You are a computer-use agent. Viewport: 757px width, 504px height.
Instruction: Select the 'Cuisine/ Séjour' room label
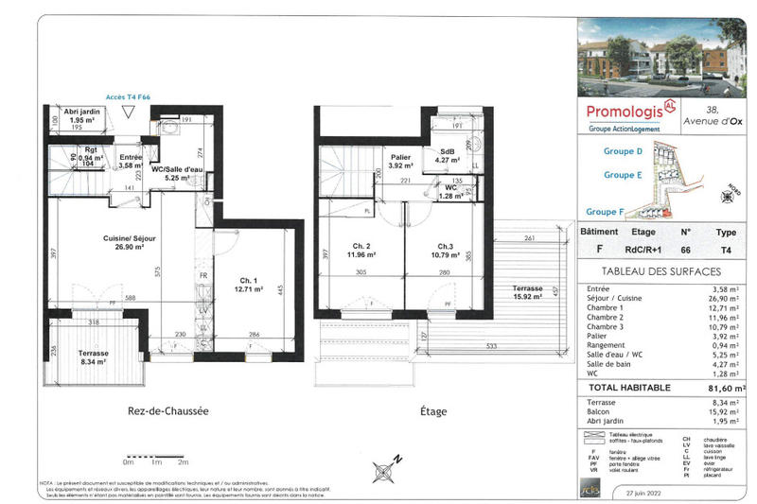coord(123,243)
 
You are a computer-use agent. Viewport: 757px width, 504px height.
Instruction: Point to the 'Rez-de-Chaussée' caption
coord(167,412)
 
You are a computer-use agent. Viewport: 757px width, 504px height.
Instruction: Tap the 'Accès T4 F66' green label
coord(128,97)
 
